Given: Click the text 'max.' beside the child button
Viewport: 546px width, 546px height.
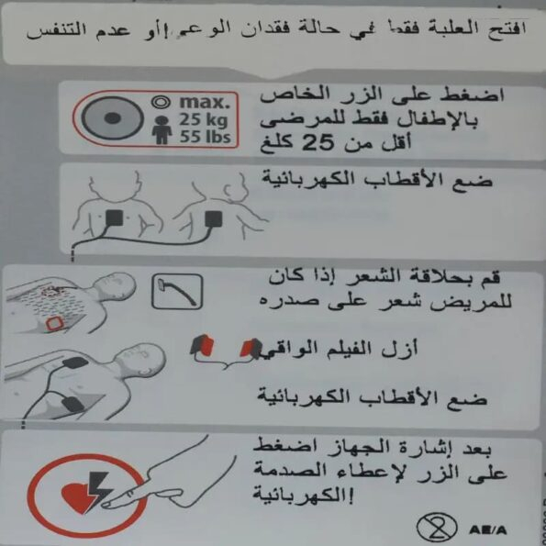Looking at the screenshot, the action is (x=205, y=102).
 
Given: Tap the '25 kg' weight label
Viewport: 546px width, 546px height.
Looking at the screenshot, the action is (x=203, y=120).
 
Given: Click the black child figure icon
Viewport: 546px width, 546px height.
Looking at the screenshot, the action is (x=162, y=130).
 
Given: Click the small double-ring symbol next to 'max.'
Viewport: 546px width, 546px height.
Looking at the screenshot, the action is (x=161, y=102).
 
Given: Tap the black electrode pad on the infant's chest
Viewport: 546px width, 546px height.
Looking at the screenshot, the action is (x=114, y=218).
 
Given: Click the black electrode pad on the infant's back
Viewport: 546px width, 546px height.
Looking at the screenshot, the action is (x=213, y=219).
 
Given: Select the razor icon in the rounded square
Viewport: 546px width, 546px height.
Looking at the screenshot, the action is (x=177, y=291).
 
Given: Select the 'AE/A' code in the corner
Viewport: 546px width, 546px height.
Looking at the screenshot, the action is (x=488, y=530).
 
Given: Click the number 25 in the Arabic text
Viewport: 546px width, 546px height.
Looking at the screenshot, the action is (x=318, y=143).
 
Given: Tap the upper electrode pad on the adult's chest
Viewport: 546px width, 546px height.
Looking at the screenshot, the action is (x=75, y=363).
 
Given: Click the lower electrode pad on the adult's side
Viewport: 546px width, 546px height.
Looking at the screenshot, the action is (x=72, y=404).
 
